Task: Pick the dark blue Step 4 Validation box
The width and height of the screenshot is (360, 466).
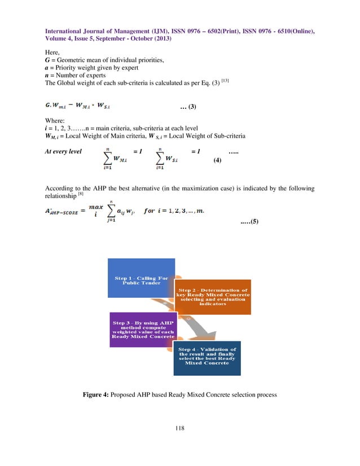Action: [x=208, y=357]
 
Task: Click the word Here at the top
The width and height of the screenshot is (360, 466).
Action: [x=52, y=52]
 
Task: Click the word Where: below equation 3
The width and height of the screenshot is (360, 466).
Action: [x=55, y=120]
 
